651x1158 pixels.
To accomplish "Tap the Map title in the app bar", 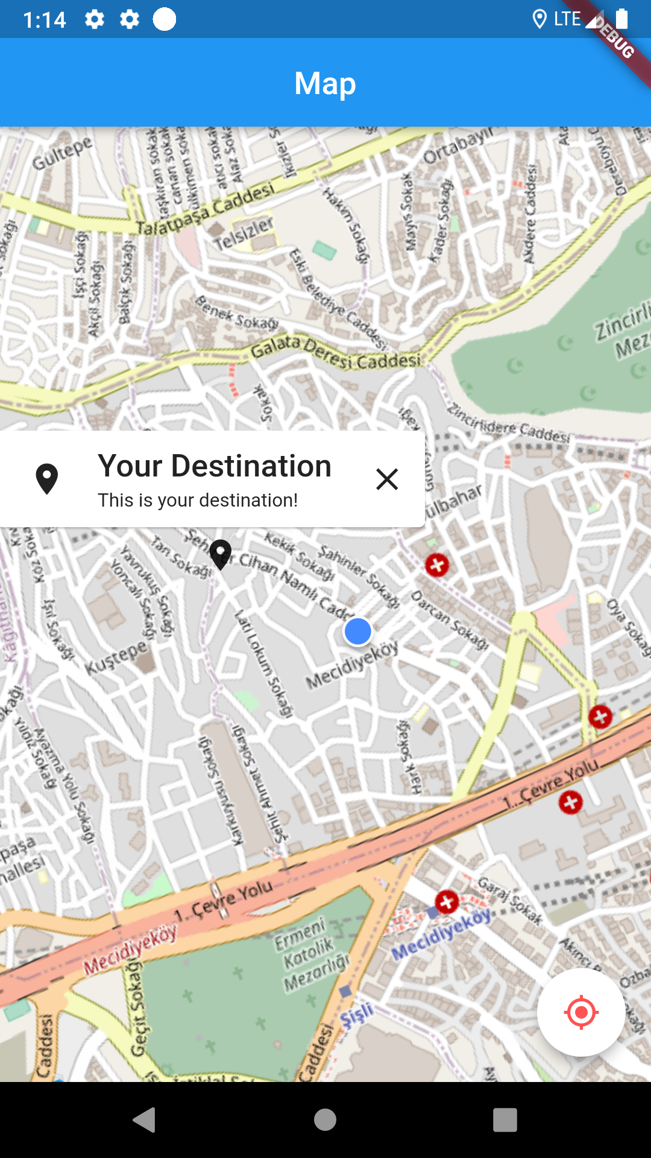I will point(325,83).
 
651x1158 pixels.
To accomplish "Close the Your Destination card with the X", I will point(387,479).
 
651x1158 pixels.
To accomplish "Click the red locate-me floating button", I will point(581,1012).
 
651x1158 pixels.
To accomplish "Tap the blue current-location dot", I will point(357,631).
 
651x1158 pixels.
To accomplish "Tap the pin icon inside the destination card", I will point(47,479).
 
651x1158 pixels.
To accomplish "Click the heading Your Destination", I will point(215,466).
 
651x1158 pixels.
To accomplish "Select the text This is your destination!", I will point(198,500).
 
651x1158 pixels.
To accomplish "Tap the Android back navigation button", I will point(145,1120).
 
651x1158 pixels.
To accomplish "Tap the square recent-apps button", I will point(505,1120).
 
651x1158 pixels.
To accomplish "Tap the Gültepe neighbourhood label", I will point(62,152).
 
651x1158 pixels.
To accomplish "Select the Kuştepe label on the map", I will point(116,657).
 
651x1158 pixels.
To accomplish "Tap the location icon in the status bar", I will point(539,19).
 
